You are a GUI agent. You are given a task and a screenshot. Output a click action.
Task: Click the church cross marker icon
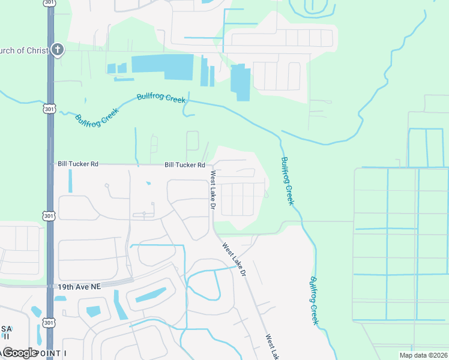click(56, 50)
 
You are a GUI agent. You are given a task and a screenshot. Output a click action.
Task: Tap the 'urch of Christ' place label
click(24, 50)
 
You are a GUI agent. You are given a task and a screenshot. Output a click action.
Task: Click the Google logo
click(20, 352)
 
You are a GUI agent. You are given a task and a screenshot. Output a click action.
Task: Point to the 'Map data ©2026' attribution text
click(424, 355)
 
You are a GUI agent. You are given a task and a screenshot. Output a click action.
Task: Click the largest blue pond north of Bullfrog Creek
click(162, 66)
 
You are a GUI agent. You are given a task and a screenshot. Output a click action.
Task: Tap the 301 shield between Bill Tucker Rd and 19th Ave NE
click(49, 215)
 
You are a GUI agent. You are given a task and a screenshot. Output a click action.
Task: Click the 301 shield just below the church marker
click(49, 109)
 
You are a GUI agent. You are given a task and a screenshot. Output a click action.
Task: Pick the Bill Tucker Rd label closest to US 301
click(77, 163)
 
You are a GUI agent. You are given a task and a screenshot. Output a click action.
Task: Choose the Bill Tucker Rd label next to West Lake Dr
click(185, 165)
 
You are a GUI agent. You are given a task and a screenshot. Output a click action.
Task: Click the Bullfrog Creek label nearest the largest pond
click(161, 97)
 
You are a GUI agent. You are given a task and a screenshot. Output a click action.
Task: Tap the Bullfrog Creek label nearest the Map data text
click(314, 300)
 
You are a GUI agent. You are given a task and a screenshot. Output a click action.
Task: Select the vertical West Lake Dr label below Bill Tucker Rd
click(212, 189)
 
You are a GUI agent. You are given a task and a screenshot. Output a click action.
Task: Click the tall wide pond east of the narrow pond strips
click(240, 82)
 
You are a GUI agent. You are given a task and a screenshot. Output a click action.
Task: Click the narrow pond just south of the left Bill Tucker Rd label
click(70, 181)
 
